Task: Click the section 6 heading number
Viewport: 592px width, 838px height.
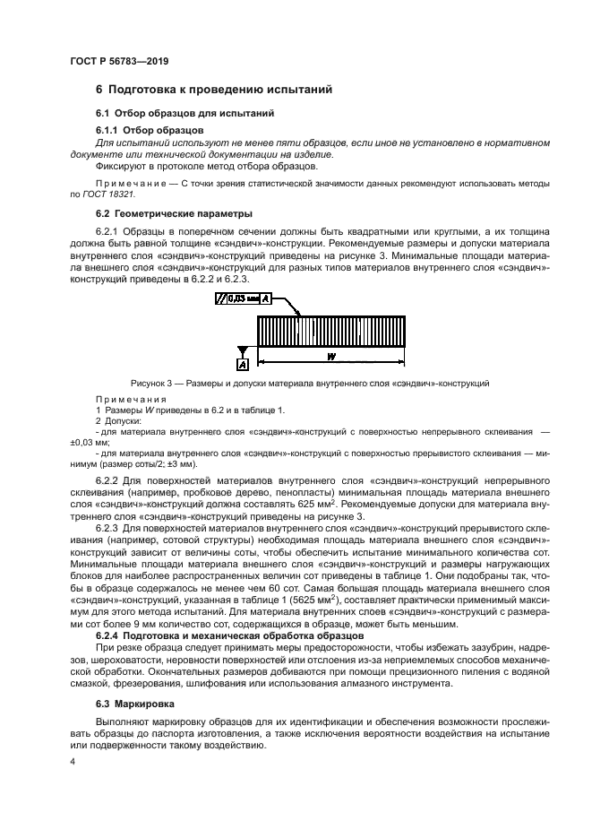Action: [100, 90]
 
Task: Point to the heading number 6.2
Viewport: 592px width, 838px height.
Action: [102, 213]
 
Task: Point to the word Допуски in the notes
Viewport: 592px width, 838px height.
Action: [122, 419]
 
